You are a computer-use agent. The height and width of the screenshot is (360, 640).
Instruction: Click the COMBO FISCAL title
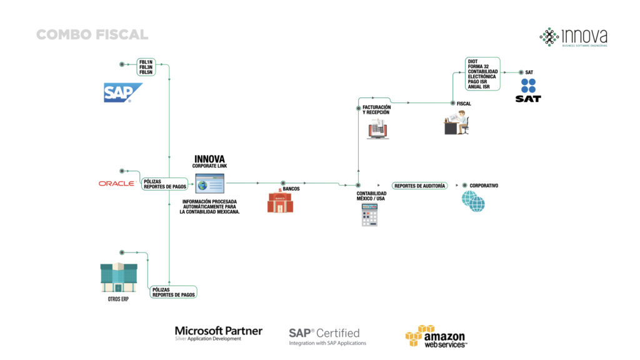92,34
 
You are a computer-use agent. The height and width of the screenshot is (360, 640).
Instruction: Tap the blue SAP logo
122,92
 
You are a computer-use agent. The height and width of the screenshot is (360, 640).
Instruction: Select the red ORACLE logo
117,183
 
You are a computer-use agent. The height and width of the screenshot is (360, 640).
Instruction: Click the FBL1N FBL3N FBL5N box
146,67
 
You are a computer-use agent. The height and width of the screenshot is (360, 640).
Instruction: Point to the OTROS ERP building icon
119,277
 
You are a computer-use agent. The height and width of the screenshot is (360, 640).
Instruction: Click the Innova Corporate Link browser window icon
210,183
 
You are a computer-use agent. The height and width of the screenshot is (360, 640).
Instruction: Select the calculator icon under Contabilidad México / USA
370,214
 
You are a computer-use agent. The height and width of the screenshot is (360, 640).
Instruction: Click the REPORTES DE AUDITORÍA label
419,186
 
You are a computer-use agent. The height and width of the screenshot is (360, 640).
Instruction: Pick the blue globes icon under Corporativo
473,201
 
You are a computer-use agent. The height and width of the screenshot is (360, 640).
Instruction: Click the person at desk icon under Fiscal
456,122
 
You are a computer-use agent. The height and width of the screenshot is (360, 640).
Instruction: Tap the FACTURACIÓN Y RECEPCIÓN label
376,109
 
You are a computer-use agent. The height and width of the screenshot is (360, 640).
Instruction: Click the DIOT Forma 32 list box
482,74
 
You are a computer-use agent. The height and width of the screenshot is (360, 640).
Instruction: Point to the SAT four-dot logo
528,86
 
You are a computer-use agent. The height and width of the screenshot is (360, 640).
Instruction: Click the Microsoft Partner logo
218,333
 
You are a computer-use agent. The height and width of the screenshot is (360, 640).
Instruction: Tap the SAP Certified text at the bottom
324,333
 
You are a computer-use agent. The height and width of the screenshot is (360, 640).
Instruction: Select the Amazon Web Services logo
435,336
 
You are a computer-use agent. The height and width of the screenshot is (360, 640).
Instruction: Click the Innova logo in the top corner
573,37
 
